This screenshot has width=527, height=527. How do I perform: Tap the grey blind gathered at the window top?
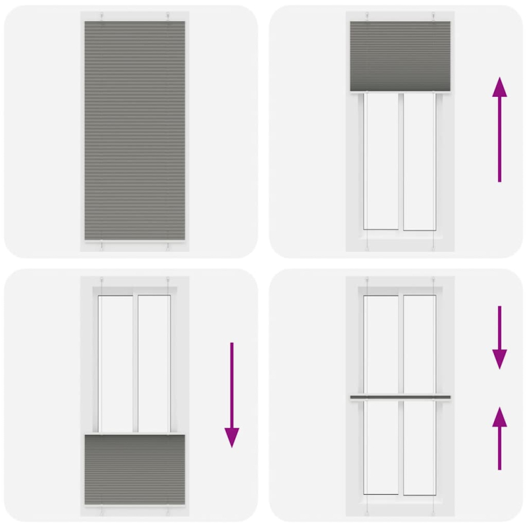(x=400, y=56)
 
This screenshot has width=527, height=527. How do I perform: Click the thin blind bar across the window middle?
(x=400, y=397)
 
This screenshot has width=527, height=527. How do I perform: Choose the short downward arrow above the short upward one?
(x=499, y=336)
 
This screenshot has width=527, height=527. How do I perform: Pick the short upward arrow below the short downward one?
(x=499, y=439)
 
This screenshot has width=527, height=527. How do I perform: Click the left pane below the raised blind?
(x=382, y=161)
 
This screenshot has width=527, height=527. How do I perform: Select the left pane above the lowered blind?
(x=117, y=362)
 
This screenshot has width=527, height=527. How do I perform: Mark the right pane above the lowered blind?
(x=153, y=362)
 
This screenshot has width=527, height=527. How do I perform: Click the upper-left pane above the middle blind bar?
(x=382, y=344)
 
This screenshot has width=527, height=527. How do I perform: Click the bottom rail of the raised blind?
(x=400, y=92)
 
